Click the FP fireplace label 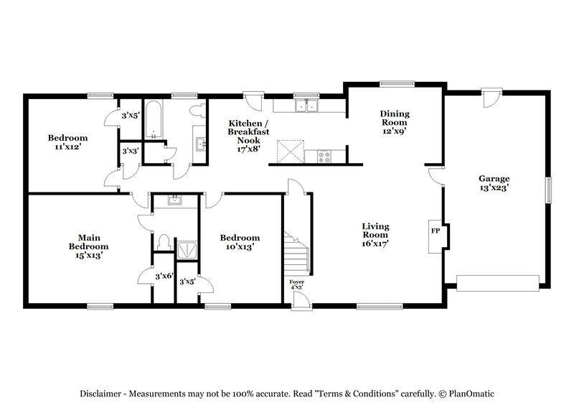click(434, 231)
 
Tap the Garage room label click(494, 183)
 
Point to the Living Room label click(375, 234)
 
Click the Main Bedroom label click(88, 245)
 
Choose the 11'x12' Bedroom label click(67, 141)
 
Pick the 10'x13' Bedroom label click(240, 242)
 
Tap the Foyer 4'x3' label click(296, 285)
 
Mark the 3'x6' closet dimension click(164, 275)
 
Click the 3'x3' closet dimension click(130, 152)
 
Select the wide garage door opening click(499, 284)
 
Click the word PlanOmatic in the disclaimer click(473, 394)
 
